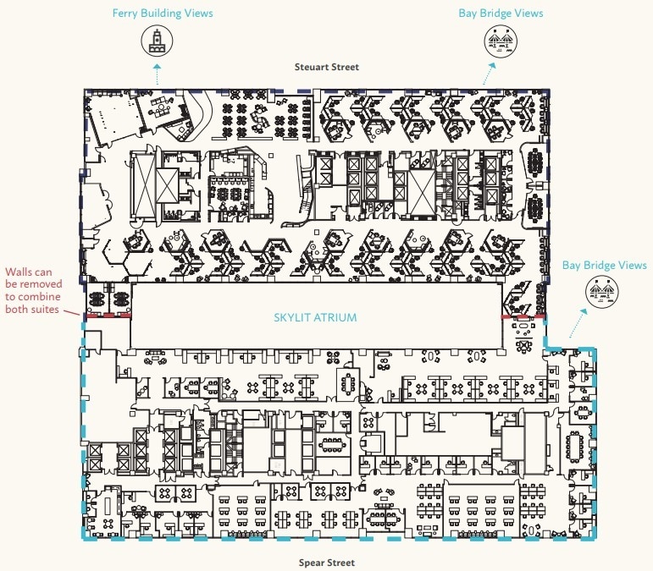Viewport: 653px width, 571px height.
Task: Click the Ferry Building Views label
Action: pyautogui.click(x=163, y=14)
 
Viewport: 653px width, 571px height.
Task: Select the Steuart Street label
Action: pyautogui.click(x=326, y=66)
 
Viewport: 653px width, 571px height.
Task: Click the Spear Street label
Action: pyautogui.click(x=326, y=563)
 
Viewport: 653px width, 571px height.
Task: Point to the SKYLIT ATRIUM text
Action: pyautogui.click(x=315, y=317)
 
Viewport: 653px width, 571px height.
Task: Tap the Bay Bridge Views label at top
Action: pyautogui.click(x=501, y=14)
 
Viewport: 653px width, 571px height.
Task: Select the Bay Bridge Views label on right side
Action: pyautogui.click(x=604, y=266)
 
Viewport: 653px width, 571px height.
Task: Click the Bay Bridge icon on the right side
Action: pyautogui.click(x=604, y=294)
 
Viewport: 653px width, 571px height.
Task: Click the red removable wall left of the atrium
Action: pyautogui.click(x=107, y=315)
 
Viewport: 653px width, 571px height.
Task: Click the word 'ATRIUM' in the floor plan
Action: pyautogui.click(x=336, y=317)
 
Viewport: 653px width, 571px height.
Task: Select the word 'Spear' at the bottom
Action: pyautogui.click(x=313, y=563)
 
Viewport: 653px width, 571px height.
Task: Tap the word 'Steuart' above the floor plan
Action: pyautogui.click(x=311, y=66)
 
